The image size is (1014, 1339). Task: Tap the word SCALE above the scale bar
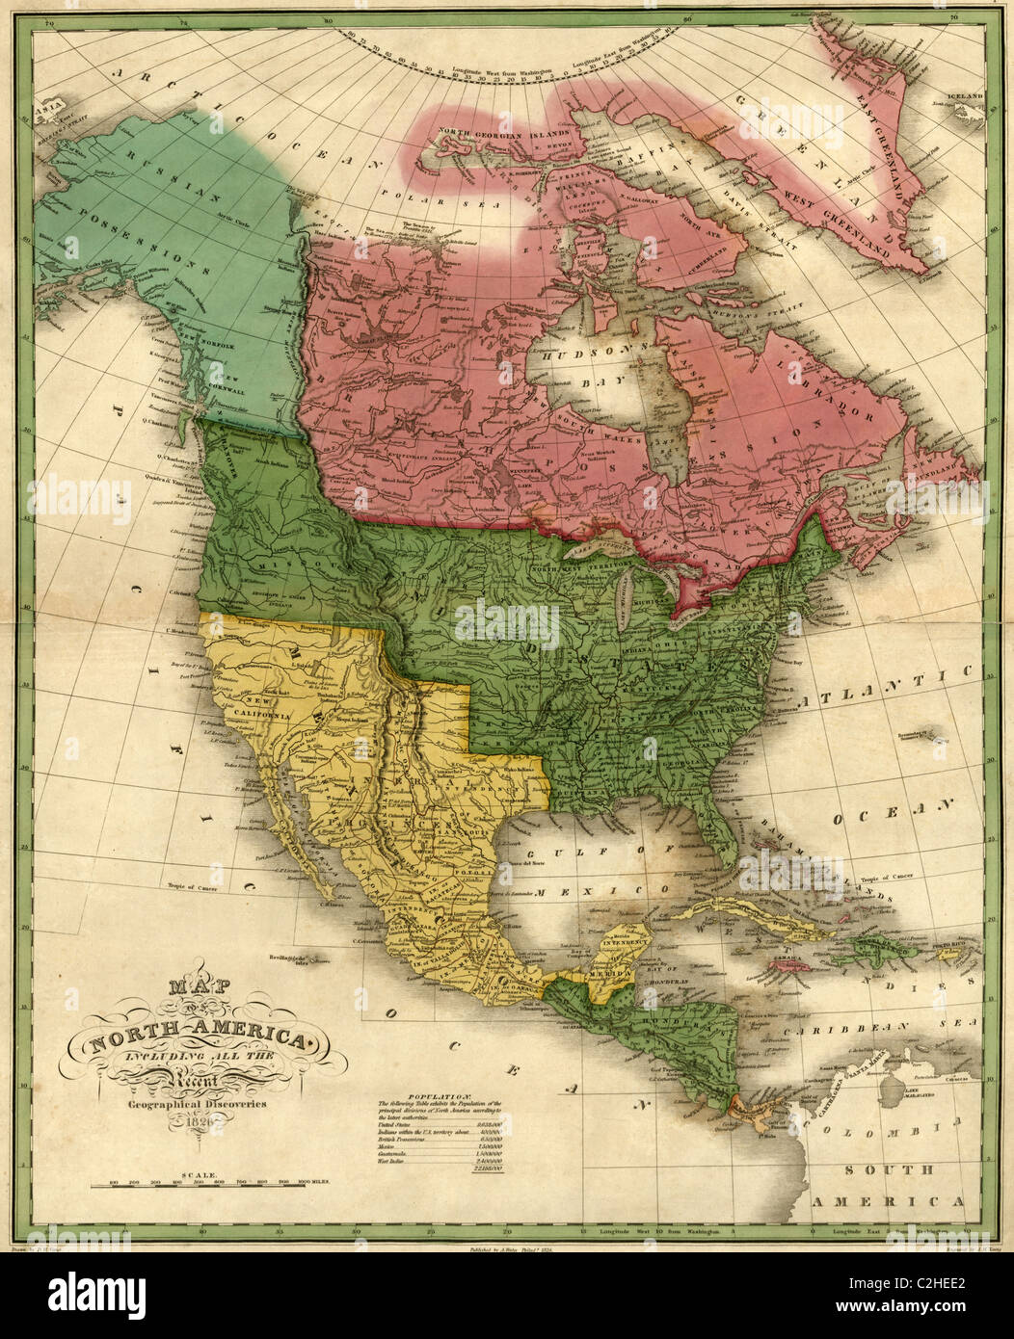point(203,1176)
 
